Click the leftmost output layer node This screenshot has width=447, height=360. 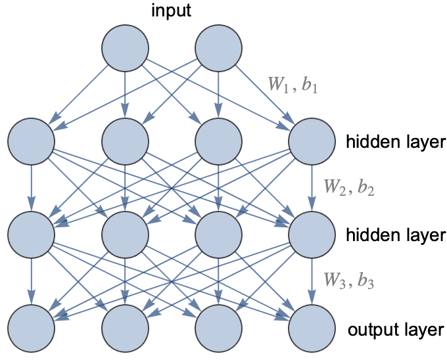pyautogui.click(x=31, y=328)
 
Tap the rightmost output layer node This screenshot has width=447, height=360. pyautogui.click(x=311, y=328)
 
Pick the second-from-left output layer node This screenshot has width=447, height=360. pyautogui.click(x=124, y=328)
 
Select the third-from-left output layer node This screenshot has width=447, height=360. pyautogui.click(x=218, y=328)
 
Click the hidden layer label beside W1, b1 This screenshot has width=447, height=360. pyautogui.click(x=395, y=141)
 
